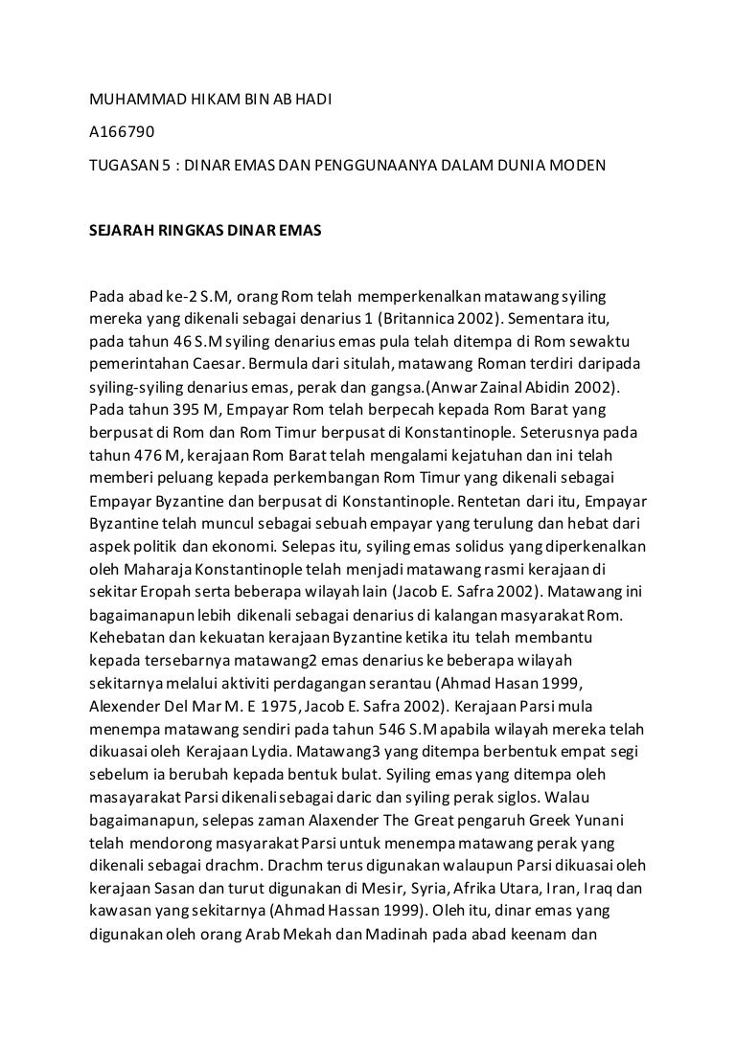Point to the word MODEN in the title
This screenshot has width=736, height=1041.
(577, 165)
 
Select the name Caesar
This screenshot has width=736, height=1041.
(217, 365)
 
